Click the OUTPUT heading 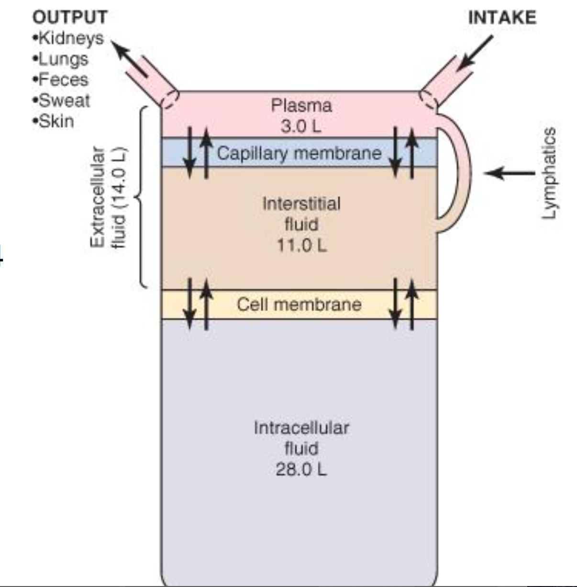[70, 17]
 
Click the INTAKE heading [502, 18]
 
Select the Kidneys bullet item [68, 38]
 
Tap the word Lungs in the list [63, 59]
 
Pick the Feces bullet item [63, 79]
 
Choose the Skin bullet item [56, 121]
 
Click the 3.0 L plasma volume [301, 126]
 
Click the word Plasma [301, 105]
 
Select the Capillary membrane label [299, 153]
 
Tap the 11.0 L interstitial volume [301, 246]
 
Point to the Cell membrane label [299, 305]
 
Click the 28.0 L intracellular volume [301, 469]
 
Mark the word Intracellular [301, 428]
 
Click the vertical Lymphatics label [550, 172]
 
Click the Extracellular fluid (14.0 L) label [108, 197]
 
